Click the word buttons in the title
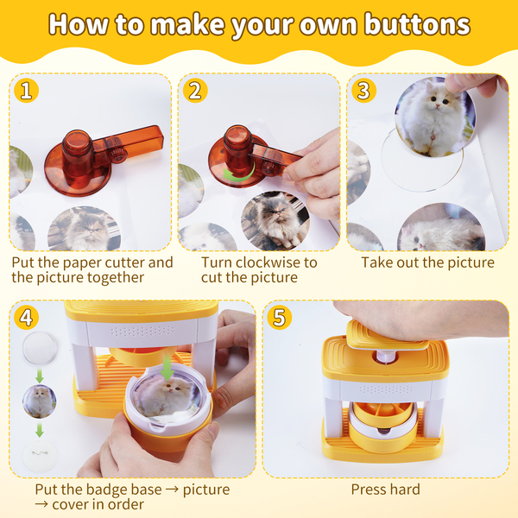417,24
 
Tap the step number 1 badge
27,90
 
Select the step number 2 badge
195,90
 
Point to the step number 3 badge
363,90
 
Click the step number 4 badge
27,317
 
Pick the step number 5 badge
280,317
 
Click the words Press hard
386,490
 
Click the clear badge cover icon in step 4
40,348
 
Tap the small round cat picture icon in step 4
40,401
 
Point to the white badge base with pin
40,455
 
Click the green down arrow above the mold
167,368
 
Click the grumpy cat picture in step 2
275,220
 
